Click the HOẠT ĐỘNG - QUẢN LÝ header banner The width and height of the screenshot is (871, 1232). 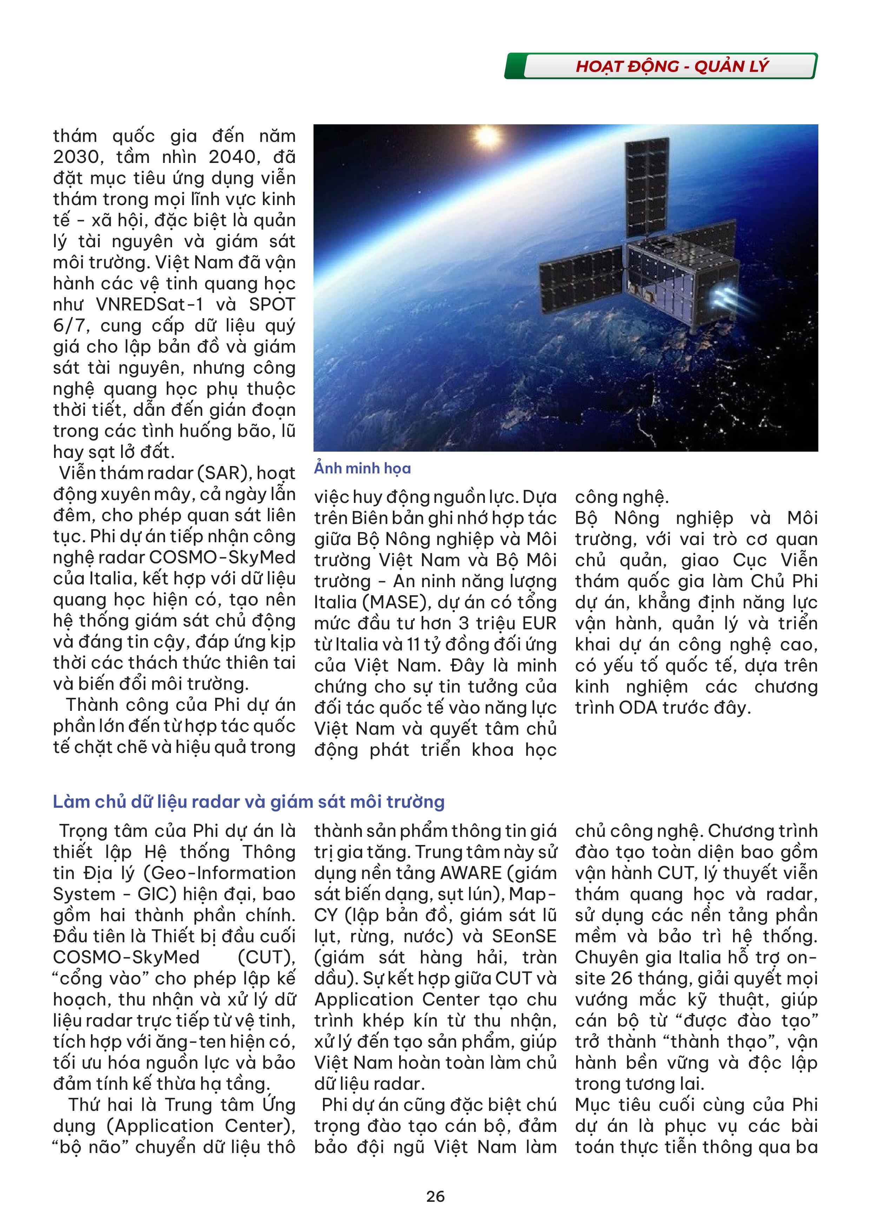click(x=672, y=66)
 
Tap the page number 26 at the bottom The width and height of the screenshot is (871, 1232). click(x=435, y=1196)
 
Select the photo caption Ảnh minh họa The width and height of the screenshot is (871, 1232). click(x=363, y=468)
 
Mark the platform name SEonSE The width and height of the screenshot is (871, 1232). click(x=524, y=936)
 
